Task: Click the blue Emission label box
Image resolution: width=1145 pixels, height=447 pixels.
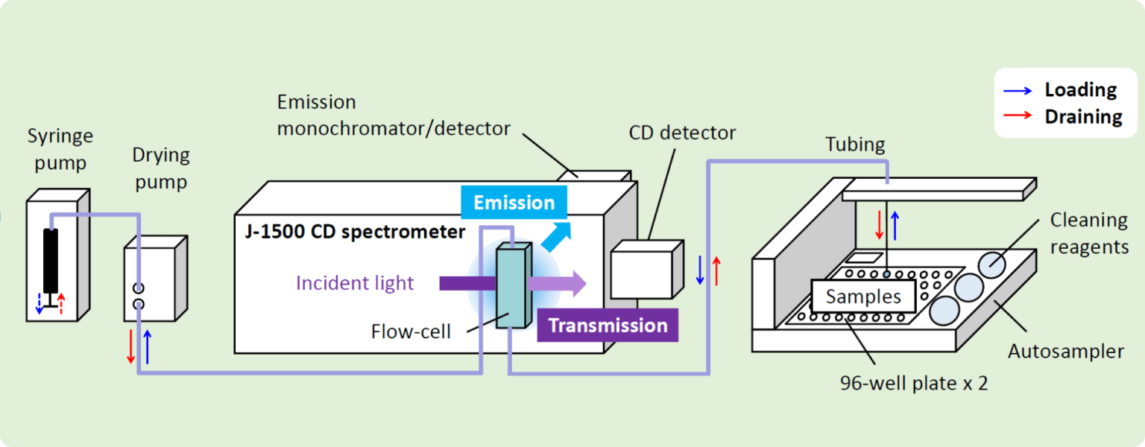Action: [514, 203]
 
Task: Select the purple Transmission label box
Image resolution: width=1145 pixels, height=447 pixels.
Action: [608, 326]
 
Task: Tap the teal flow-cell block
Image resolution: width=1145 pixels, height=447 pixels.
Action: [512, 287]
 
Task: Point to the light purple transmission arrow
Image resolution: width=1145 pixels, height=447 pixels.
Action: [556, 283]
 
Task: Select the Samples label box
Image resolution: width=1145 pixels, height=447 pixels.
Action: [863, 297]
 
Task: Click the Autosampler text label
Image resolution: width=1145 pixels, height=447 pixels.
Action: [1065, 351]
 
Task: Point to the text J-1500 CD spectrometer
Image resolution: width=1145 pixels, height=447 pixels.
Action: [355, 232]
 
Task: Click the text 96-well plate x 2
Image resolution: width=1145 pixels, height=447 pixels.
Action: [914, 384]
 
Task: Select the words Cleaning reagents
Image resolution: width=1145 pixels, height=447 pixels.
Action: [1088, 233]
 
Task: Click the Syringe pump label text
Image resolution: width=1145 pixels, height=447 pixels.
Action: [60, 148]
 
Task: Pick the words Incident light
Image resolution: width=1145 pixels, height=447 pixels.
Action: [355, 283]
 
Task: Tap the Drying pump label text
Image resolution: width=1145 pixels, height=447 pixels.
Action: [161, 168]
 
